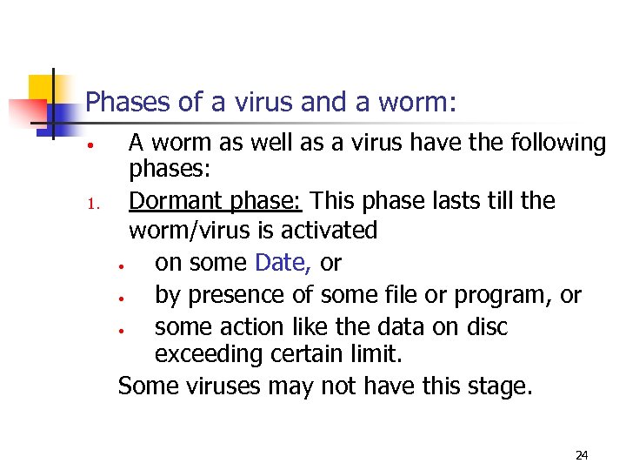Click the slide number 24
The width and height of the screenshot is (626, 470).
[582, 454]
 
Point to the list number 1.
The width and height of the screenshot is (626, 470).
[94, 206]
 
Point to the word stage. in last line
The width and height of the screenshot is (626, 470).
[495, 386]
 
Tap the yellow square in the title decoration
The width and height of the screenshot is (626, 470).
[42, 89]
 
